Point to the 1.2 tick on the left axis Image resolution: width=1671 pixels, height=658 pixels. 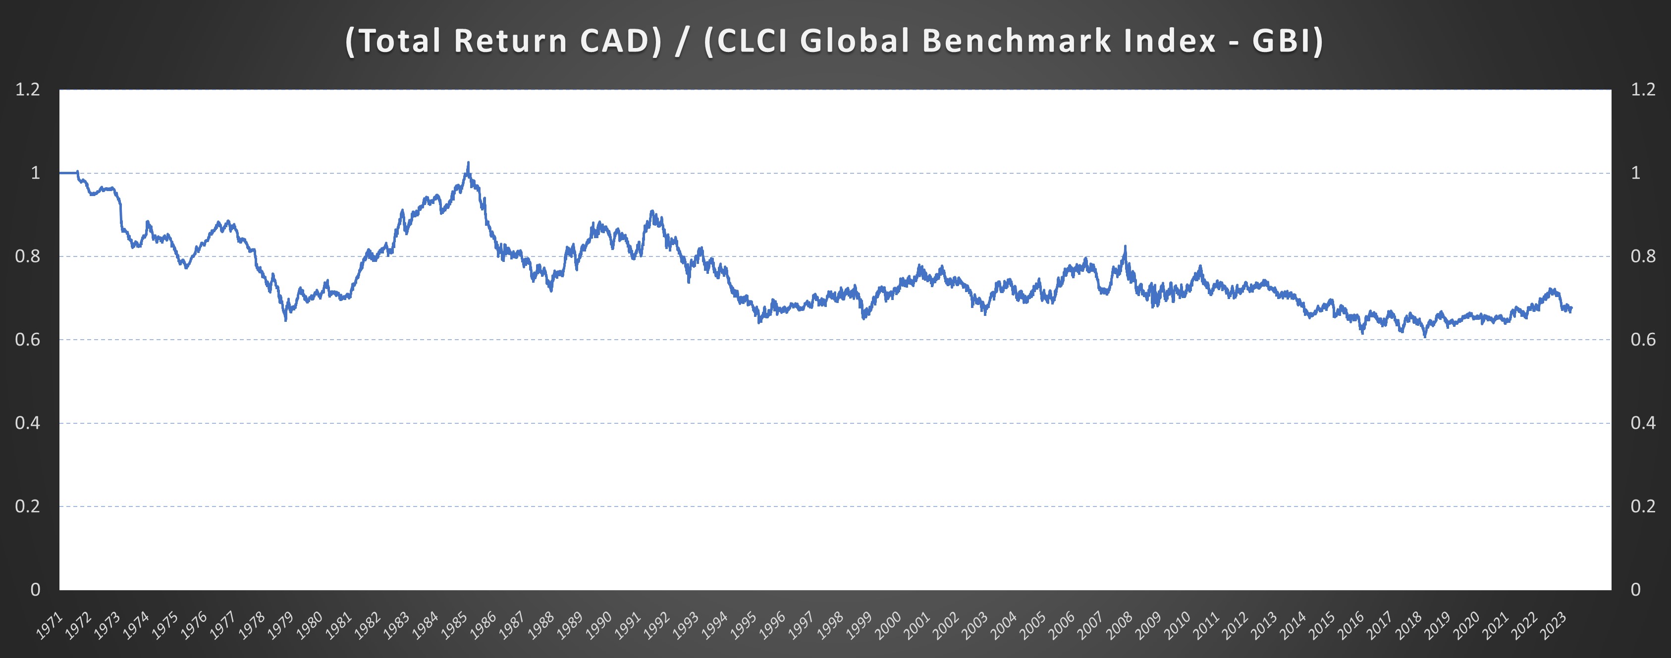click(x=28, y=90)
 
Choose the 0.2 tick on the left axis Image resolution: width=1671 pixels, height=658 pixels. click(x=28, y=506)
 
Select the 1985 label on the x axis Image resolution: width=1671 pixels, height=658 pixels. click(x=454, y=626)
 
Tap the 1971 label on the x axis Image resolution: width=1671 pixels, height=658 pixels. click(x=50, y=626)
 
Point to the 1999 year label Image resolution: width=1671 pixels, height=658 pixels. click(x=859, y=626)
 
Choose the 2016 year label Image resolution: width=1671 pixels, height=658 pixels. click(x=1350, y=626)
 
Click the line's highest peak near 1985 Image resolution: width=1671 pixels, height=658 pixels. click(x=468, y=163)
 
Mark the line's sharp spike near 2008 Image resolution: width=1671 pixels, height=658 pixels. click(x=1125, y=247)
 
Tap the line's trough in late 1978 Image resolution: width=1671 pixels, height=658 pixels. click(x=285, y=319)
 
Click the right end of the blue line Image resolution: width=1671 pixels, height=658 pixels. click(x=1571, y=308)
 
